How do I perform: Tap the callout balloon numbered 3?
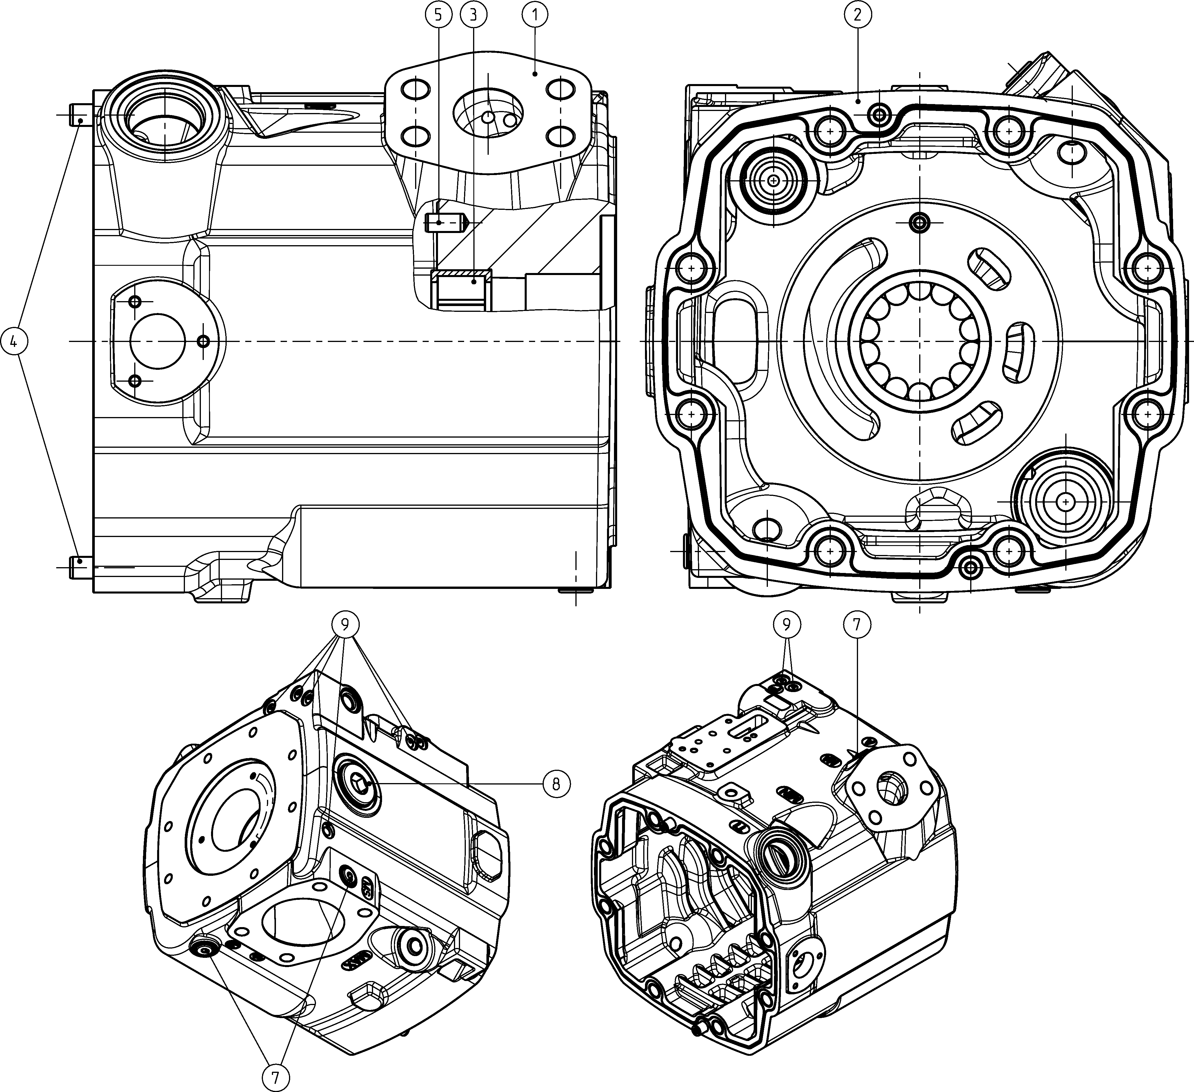(x=472, y=16)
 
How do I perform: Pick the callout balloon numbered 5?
(x=438, y=16)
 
